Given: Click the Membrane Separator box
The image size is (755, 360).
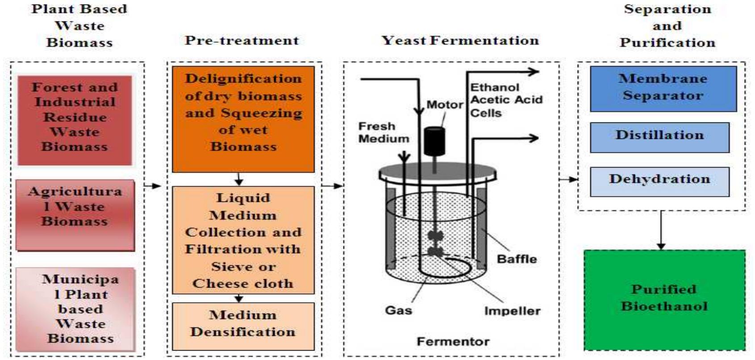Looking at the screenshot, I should (663, 88).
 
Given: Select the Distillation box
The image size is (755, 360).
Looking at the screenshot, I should (659, 138).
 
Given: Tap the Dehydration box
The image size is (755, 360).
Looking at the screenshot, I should (659, 181).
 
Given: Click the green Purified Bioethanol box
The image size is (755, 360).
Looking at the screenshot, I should (664, 299).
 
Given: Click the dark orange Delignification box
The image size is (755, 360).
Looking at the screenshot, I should (243, 119).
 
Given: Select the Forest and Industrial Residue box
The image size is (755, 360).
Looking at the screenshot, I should (75, 120).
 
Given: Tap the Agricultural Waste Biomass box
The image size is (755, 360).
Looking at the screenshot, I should (75, 214).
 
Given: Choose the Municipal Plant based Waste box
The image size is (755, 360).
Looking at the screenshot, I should (75, 309).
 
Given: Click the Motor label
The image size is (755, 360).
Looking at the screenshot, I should (444, 105).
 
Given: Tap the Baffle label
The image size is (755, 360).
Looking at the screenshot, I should (517, 259).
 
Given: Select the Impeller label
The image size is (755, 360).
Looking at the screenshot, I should (512, 311).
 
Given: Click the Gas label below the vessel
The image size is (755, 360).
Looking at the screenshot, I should (398, 310).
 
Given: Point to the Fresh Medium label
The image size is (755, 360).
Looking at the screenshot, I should (384, 132).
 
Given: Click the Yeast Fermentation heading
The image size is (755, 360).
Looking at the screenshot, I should (460, 41).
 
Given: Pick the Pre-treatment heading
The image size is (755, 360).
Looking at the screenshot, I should (242, 41).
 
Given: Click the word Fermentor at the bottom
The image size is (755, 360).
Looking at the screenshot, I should (453, 342).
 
